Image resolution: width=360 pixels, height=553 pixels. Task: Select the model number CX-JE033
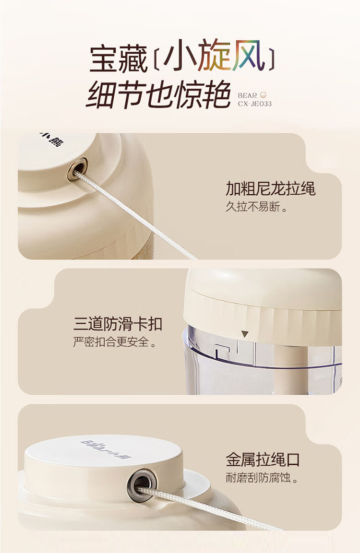tap(254, 104)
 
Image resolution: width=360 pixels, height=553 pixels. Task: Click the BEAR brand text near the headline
tap(247, 95)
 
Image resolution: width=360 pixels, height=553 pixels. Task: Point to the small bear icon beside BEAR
tap(262, 95)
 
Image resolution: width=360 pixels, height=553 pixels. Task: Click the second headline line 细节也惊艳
tap(158, 94)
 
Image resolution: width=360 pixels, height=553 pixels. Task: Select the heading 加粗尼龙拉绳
tap(270, 188)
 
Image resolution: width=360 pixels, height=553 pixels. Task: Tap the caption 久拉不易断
tap(256, 207)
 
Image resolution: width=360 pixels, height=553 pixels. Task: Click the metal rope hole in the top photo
tap(78, 168)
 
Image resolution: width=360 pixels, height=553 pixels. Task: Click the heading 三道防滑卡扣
tap(118, 324)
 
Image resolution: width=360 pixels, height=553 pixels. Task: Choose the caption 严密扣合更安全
tap(114, 342)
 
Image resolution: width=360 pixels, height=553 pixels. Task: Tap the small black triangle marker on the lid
tap(245, 334)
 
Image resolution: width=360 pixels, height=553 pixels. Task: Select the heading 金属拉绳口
tap(263, 460)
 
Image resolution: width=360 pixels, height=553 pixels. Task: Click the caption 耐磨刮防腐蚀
tap(262, 478)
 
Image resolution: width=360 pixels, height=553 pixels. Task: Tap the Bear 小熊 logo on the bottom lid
tap(106, 449)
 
